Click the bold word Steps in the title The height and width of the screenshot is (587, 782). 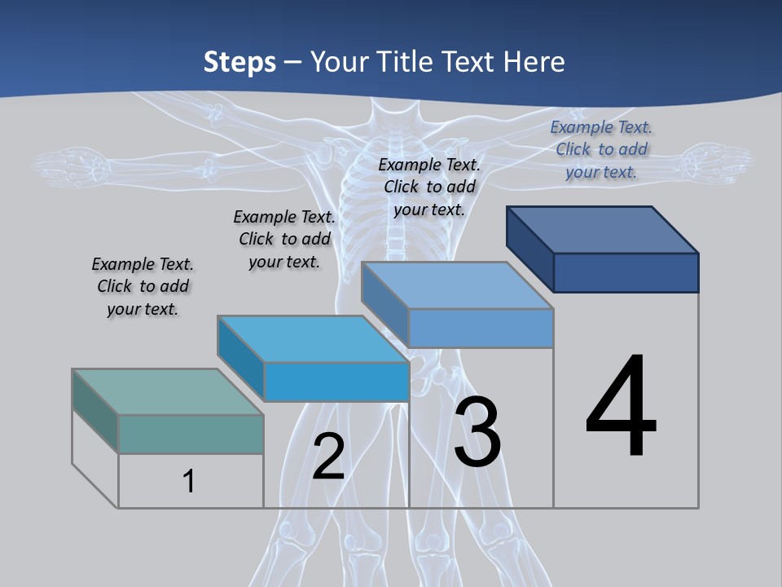coord(239,62)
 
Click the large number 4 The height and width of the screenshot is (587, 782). coord(621,407)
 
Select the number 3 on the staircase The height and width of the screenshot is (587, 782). coord(477,432)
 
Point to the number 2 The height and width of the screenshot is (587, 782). coord(328,457)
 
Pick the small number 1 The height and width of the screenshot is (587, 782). coord(189,481)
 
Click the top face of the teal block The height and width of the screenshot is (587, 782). coord(168,392)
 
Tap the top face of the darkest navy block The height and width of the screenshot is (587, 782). coord(603,230)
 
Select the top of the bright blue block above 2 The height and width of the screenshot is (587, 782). coord(313,339)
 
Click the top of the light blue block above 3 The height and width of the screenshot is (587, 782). coord(457,285)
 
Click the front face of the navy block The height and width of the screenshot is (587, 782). coord(626,272)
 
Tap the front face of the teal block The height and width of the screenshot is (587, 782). coord(191,434)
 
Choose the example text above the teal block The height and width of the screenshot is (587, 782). coord(143,286)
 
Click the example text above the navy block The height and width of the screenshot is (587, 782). coord(601,149)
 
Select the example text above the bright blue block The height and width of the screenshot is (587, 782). coord(284,239)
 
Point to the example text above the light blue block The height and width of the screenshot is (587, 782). coord(429,187)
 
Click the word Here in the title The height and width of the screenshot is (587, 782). coord(534,62)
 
